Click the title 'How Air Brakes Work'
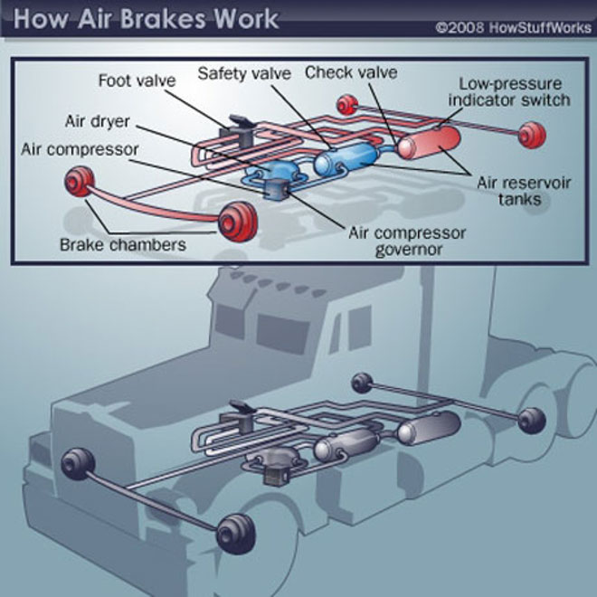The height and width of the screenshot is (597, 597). pos(147,19)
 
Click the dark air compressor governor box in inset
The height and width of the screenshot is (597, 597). pos(275,191)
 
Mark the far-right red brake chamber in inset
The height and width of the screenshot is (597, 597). pos(531,135)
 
